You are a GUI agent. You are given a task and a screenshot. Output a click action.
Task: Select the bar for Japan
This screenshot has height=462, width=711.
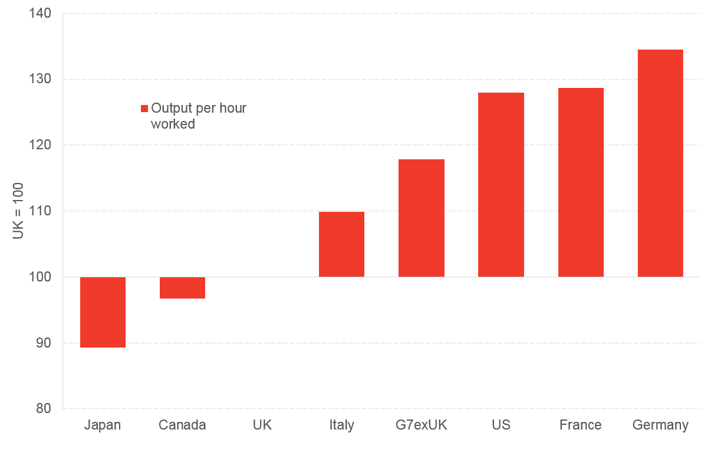coord(103,312)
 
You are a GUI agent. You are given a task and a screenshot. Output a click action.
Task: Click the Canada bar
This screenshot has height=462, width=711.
coord(183,287)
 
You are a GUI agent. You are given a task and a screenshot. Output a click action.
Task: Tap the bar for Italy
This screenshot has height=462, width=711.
coord(341,244)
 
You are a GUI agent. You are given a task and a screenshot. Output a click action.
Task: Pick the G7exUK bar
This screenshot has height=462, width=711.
coord(422,218)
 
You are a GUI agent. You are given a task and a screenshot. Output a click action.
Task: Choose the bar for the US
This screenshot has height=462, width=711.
coord(501,185)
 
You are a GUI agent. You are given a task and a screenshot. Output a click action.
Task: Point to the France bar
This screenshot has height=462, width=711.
coord(581,182)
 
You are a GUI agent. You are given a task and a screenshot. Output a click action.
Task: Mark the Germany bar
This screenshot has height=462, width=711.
coord(660,163)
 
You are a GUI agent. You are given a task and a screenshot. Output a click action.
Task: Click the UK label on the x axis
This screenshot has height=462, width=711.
coord(262,425)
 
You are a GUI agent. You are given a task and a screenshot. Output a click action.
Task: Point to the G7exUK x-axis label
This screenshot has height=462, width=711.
coord(421,425)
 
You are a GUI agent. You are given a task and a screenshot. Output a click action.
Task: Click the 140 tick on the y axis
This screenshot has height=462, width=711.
coord(40,14)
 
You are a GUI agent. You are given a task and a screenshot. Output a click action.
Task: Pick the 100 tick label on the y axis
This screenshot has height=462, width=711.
coord(40,277)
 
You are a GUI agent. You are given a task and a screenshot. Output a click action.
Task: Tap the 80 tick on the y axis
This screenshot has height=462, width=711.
coord(44,408)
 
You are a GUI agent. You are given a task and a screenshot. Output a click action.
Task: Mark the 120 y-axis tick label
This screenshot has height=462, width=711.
coord(40,145)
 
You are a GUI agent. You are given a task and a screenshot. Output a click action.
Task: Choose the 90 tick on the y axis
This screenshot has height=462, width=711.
coord(44,343)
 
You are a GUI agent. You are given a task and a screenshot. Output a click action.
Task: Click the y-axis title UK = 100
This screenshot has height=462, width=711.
coord(18,211)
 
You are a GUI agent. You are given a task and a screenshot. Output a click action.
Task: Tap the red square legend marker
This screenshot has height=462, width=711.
coord(144,109)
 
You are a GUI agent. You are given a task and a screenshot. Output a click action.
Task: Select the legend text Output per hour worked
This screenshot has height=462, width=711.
coord(198,116)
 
